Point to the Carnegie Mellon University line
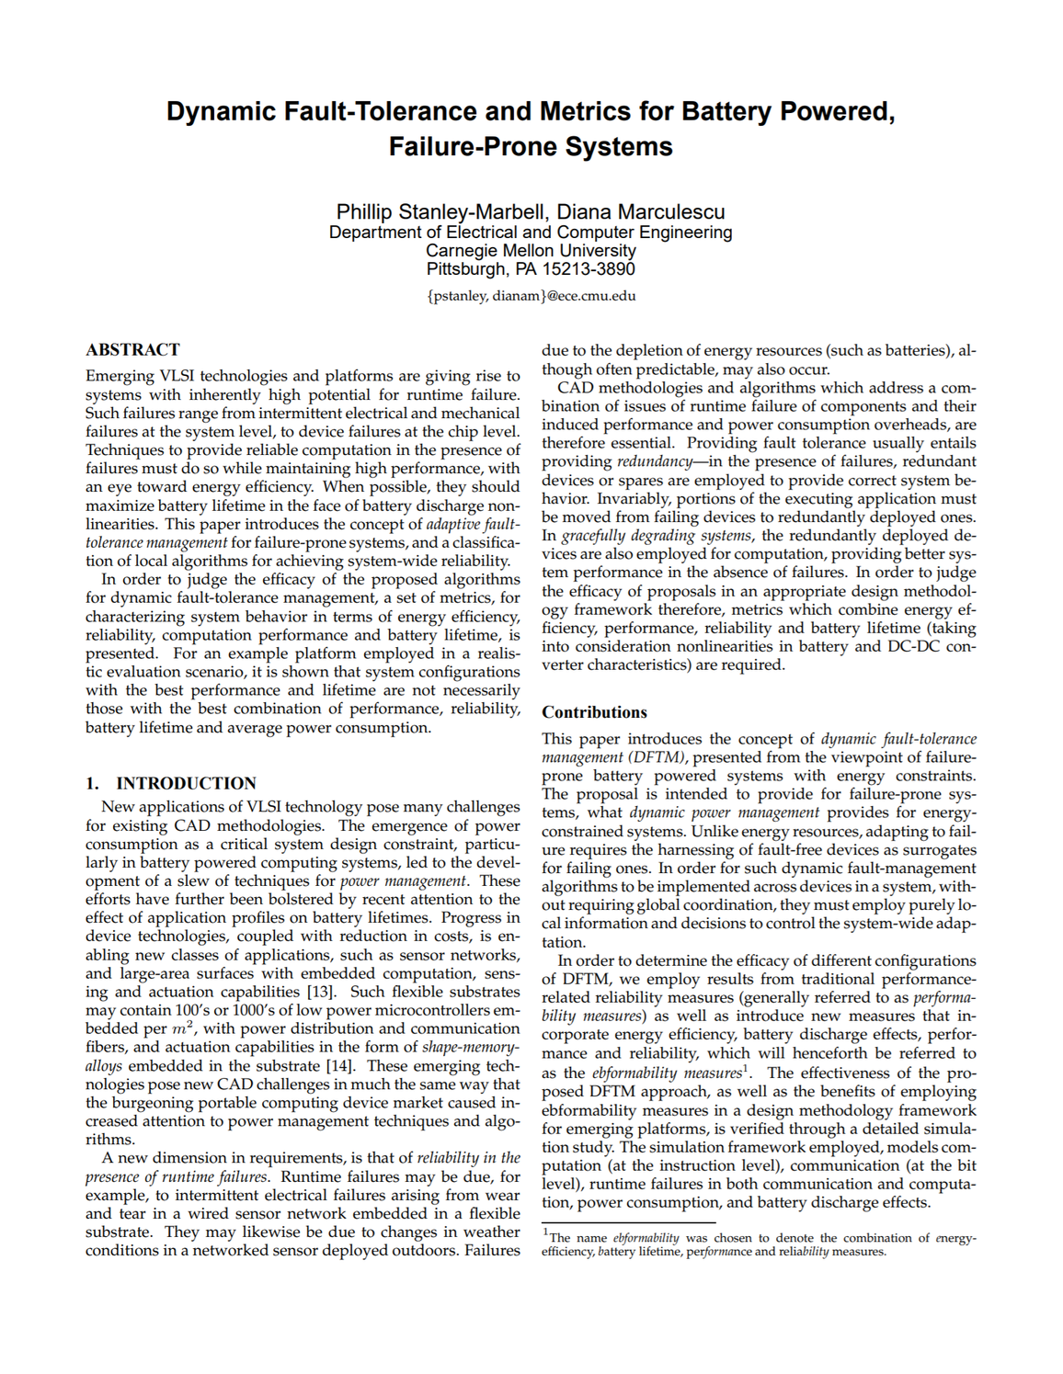(x=531, y=250)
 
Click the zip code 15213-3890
(x=589, y=269)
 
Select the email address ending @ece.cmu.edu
(x=531, y=296)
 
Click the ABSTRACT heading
(x=132, y=350)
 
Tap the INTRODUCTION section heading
(x=186, y=783)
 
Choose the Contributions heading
(x=594, y=712)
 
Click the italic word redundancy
(x=654, y=461)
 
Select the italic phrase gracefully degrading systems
(x=657, y=536)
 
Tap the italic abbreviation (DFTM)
(x=657, y=757)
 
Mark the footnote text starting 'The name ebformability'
(x=759, y=1244)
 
